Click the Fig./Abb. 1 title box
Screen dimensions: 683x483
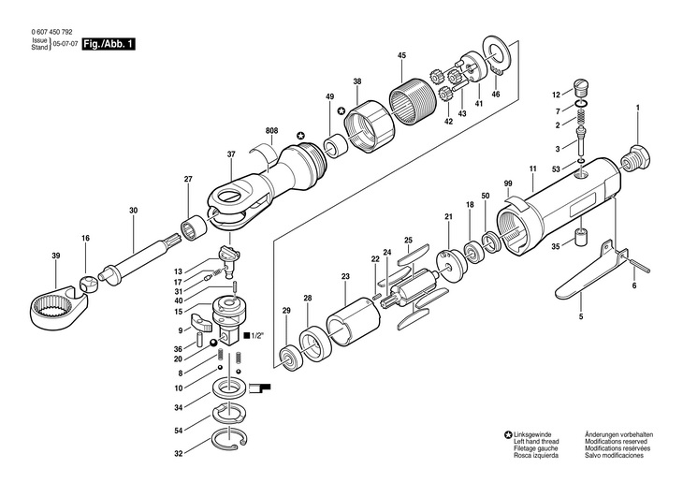109,44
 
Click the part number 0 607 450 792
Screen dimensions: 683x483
52,32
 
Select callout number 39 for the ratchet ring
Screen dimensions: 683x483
56,256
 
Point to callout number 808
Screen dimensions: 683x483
271,130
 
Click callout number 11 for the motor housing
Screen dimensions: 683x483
532,168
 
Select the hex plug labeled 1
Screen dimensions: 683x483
635,159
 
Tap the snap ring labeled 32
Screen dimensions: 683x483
228,439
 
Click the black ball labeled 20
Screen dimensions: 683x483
213,344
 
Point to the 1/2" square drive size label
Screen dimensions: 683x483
254,336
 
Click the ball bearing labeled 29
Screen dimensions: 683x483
289,357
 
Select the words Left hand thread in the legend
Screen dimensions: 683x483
536,442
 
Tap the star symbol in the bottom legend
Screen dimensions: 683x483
508,434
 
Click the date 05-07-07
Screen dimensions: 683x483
63,44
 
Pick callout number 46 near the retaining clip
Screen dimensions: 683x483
496,94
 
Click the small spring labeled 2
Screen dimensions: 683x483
581,117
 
